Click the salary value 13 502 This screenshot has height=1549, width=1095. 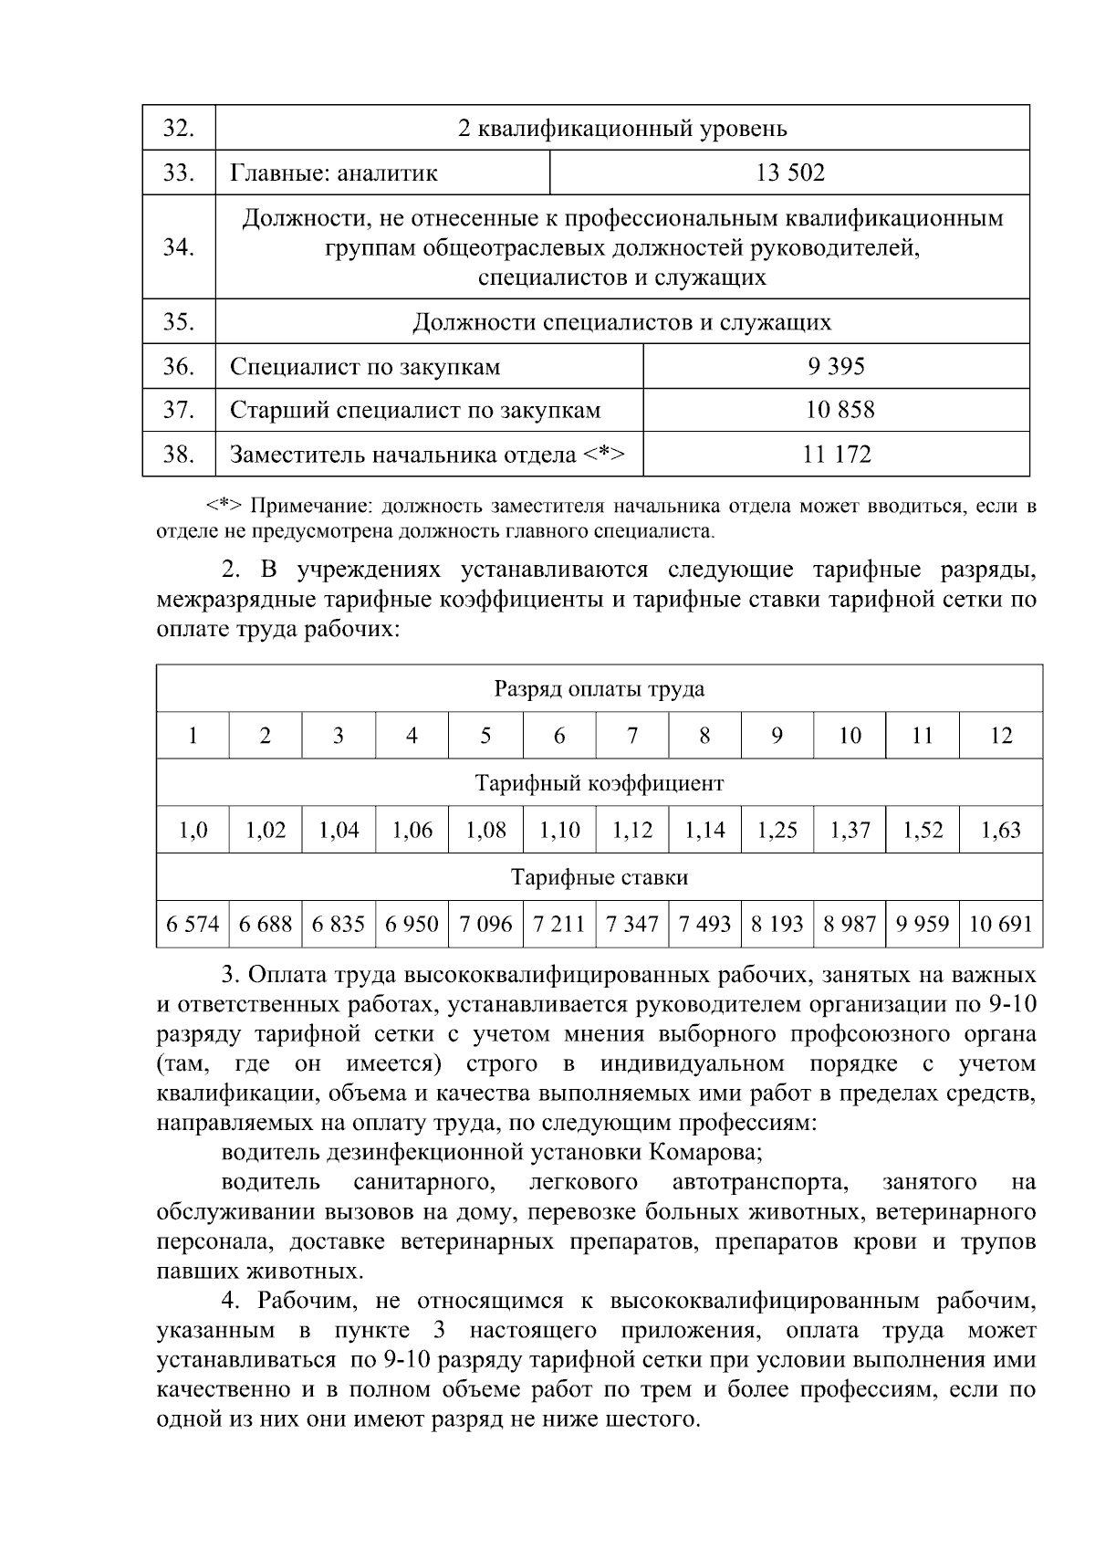pos(790,173)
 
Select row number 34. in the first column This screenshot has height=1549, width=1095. pos(179,247)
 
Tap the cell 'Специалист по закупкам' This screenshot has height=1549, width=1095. pos(365,367)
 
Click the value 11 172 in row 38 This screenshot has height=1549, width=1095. pos(837,454)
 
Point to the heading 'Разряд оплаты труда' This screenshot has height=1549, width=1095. pos(600,689)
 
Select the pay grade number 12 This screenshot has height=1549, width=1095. pos(1001,736)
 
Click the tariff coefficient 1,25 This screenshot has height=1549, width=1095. pos(777,830)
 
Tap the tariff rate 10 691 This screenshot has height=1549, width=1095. pos(1000,924)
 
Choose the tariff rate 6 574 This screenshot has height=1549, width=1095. pos(193,924)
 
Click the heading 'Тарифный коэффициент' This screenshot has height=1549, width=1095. pos(600,783)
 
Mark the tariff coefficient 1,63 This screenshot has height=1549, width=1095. pos(1001,830)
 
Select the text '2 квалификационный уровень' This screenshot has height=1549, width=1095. pos(622,129)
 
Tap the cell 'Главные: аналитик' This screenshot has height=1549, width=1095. pos(334,173)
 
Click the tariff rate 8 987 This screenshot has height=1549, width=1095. pos(850,924)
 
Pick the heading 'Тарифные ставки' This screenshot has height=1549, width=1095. pos(600,877)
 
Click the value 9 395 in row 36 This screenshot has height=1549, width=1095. pos(837,367)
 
